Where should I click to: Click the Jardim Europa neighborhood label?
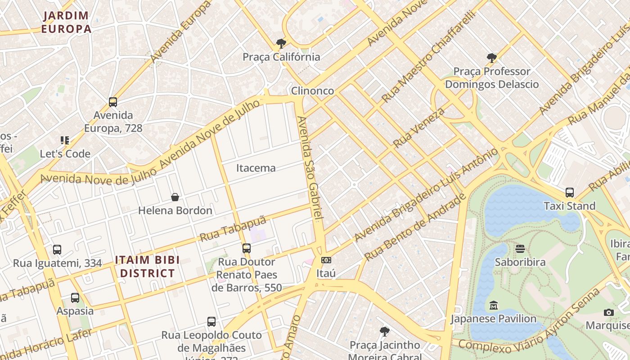[66, 22]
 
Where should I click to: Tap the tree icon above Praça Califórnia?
[281, 44]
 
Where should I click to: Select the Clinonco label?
[312, 90]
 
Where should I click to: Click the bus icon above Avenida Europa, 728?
[113, 102]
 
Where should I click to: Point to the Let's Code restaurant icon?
[65, 140]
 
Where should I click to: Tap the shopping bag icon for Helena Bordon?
[175, 197]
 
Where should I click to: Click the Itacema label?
[256, 168]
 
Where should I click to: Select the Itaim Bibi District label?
[147, 266]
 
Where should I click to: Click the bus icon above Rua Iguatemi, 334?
[57, 250]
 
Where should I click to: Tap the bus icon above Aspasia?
[75, 297]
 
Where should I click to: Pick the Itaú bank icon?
[326, 260]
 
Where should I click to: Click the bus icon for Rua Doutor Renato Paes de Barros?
[246, 248]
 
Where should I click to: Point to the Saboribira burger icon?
[520, 249]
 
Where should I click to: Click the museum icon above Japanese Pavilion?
[493, 306]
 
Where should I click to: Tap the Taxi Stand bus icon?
[570, 193]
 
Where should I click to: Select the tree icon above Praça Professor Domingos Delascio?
[491, 58]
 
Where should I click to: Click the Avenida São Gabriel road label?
[310, 169]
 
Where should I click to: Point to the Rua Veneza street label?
[418, 127]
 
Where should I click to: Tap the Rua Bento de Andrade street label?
[415, 228]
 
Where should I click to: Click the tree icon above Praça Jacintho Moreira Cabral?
[384, 332]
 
